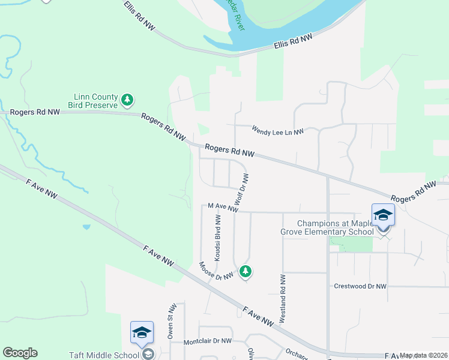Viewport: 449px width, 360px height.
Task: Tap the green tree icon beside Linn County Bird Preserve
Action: (127, 100)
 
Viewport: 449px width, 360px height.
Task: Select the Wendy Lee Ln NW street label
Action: (277, 130)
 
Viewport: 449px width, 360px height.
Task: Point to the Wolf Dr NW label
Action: (242, 191)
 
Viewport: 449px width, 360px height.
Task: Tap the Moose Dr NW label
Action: (216, 272)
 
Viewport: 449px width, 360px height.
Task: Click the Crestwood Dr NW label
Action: (360, 287)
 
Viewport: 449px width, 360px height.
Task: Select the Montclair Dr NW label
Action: (207, 341)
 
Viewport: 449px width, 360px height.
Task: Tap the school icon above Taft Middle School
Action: (142, 332)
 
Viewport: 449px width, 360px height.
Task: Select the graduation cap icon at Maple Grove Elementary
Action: (383, 215)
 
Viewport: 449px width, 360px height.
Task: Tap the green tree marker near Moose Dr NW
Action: (245, 272)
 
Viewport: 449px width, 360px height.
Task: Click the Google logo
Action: (20, 353)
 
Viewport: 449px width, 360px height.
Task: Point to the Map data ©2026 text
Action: (424, 355)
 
